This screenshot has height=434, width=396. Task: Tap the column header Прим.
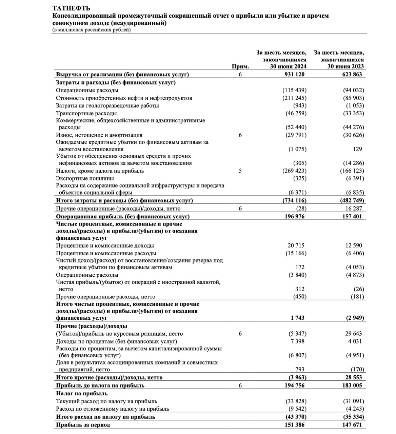[x=240, y=67]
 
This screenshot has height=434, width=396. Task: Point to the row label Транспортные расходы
[x=86, y=113]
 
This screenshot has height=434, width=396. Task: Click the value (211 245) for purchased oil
[x=294, y=98]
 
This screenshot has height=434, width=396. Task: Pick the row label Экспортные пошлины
[x=85, y=178]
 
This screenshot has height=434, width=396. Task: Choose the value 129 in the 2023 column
[x=357, y=149]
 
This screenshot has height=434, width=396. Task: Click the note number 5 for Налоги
[x=240, y=171]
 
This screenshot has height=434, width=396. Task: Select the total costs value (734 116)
[x=294, y=200]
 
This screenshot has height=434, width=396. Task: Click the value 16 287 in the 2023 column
[x=354, y=209]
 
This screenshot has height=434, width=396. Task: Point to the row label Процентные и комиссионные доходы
[x=105, y=245]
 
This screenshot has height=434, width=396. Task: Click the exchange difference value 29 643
[x=354, y=334]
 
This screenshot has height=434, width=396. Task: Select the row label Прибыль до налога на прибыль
[x=100, y=386]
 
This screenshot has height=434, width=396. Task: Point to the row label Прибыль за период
[x=83, y=425]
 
